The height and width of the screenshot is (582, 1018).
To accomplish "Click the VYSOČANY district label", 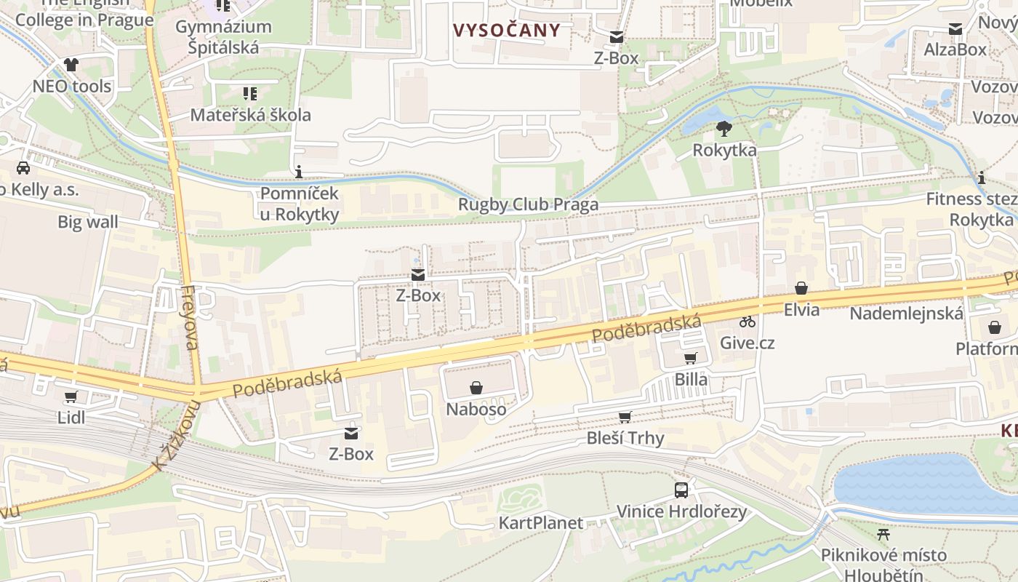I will [x=507, y=31].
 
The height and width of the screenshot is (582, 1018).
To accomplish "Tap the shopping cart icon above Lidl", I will [x=71, y=397].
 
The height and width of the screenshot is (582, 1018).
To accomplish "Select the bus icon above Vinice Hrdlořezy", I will [x=681, y=490].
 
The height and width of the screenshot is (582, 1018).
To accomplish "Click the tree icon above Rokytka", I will [x=724, y=129].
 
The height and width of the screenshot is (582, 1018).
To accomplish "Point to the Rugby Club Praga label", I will [x=528, y=204].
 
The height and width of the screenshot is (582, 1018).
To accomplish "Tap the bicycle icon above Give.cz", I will [x=748, y=321].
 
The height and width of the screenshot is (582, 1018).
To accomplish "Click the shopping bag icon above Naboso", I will [x=476, y=388].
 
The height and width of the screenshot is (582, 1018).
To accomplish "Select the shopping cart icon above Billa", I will [x=691, y=358].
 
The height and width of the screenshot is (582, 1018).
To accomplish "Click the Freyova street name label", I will [x=191, y=317].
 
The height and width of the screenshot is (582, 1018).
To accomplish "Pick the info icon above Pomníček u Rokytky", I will [x=299, y=172].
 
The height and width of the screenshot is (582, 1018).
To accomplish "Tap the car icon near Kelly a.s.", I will [x=23, y=168].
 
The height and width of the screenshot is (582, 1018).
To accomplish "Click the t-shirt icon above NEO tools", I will [x=71, y=65].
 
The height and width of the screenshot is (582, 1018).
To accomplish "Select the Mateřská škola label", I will [x=250, y=115].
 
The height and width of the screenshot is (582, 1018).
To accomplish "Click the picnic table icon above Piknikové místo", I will [x=883, y=535].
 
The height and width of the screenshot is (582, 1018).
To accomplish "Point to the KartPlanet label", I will [x=540, y=523].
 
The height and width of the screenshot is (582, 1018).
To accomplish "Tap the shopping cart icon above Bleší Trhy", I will [x=625, y=417].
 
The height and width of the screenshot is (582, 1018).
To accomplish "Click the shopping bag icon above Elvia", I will [x=801, y=289].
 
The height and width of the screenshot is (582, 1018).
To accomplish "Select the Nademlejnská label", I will [x=906, y=314].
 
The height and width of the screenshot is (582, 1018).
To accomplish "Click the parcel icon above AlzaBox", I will [x=955, y=29].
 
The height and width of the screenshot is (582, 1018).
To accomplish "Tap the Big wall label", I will [x=88, y=222].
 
